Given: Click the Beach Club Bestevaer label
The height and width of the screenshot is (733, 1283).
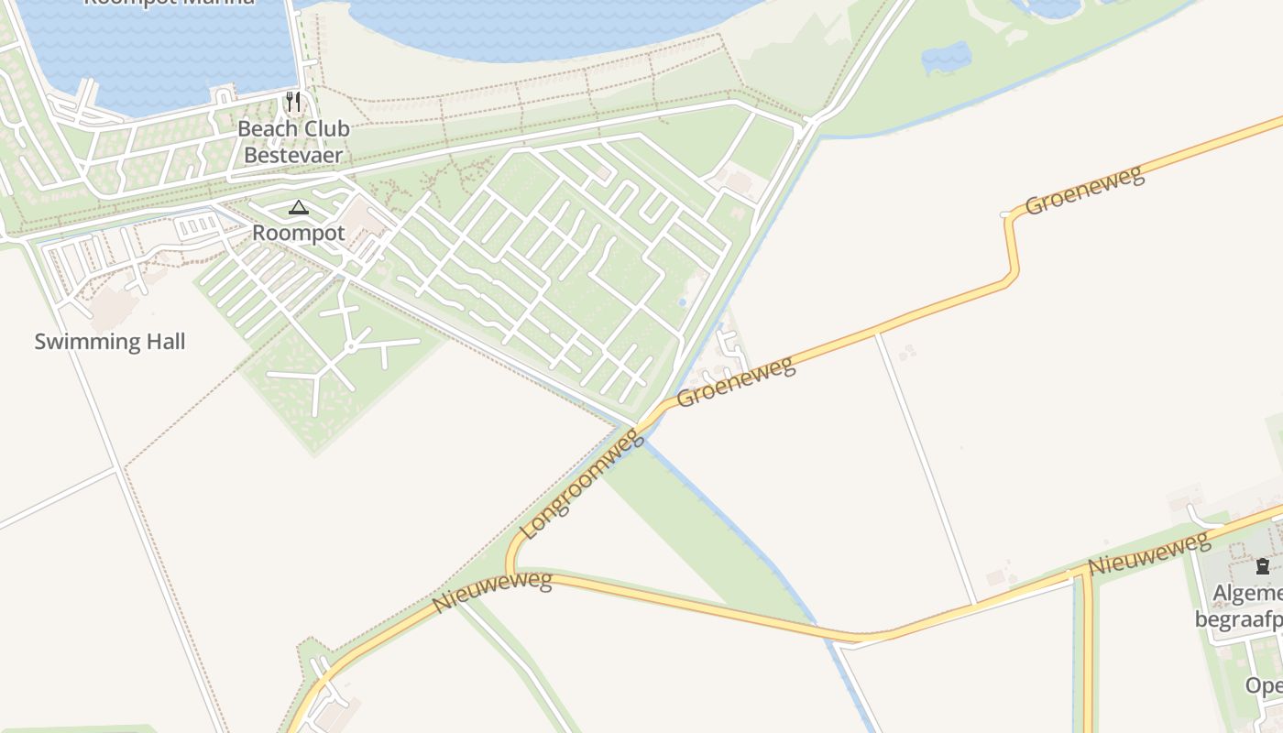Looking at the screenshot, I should [x=293, y=142].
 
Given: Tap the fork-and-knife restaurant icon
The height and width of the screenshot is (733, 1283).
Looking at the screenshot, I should [x=293, y=101].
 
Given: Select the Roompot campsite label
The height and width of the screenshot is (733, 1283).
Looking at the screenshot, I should [x=299, y=233].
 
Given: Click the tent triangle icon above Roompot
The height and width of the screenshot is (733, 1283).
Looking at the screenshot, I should [x=299, y=208].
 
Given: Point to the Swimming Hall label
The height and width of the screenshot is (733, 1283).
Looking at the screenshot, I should [x=110, y=342].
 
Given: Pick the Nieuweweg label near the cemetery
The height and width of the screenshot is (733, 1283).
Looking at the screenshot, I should [x=1149, y=554].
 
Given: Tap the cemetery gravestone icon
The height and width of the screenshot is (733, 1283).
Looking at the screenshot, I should [x=1263, y=566].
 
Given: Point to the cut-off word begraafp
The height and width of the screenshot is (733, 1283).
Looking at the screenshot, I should [x=1238, y=620].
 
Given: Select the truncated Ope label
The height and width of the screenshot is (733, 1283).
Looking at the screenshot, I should [x=1263, y=685].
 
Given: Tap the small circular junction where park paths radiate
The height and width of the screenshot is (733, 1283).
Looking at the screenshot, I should [x=351, y=347].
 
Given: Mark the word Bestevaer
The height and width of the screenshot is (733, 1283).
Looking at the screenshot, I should [x=293, y=155].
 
